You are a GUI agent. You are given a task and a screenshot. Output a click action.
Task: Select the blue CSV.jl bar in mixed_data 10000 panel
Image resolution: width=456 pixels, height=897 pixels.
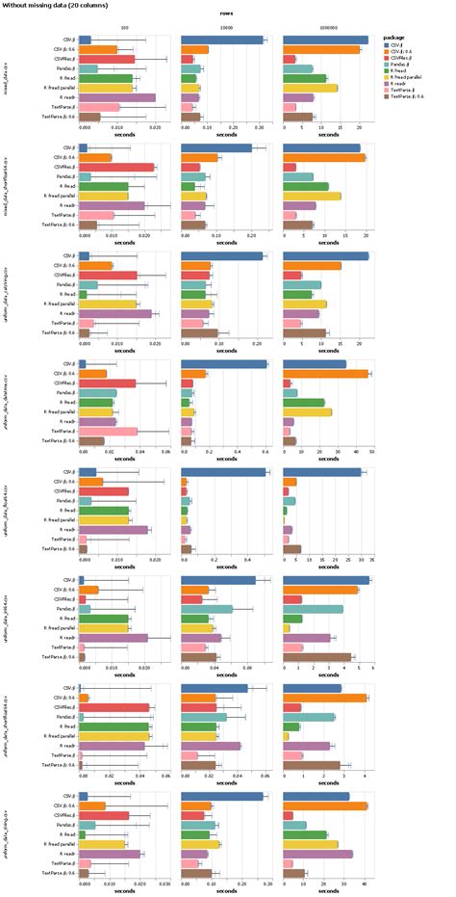coord(222,40)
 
